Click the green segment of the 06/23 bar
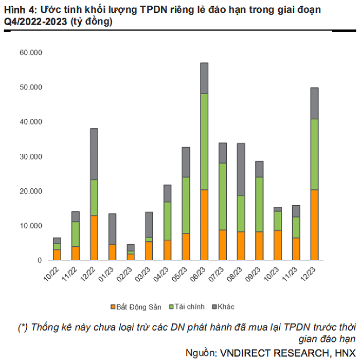point(204,141)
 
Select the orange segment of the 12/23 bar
point(314,225)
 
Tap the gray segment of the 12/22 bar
point(94,154)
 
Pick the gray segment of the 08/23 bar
point(241,169)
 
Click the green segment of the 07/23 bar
point(223,196)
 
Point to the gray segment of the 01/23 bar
point(112,229)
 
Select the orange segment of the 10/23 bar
point(278,245)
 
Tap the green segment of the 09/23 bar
point(259,204)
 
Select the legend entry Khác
point(224,307)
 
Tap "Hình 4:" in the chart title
point(19,10)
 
